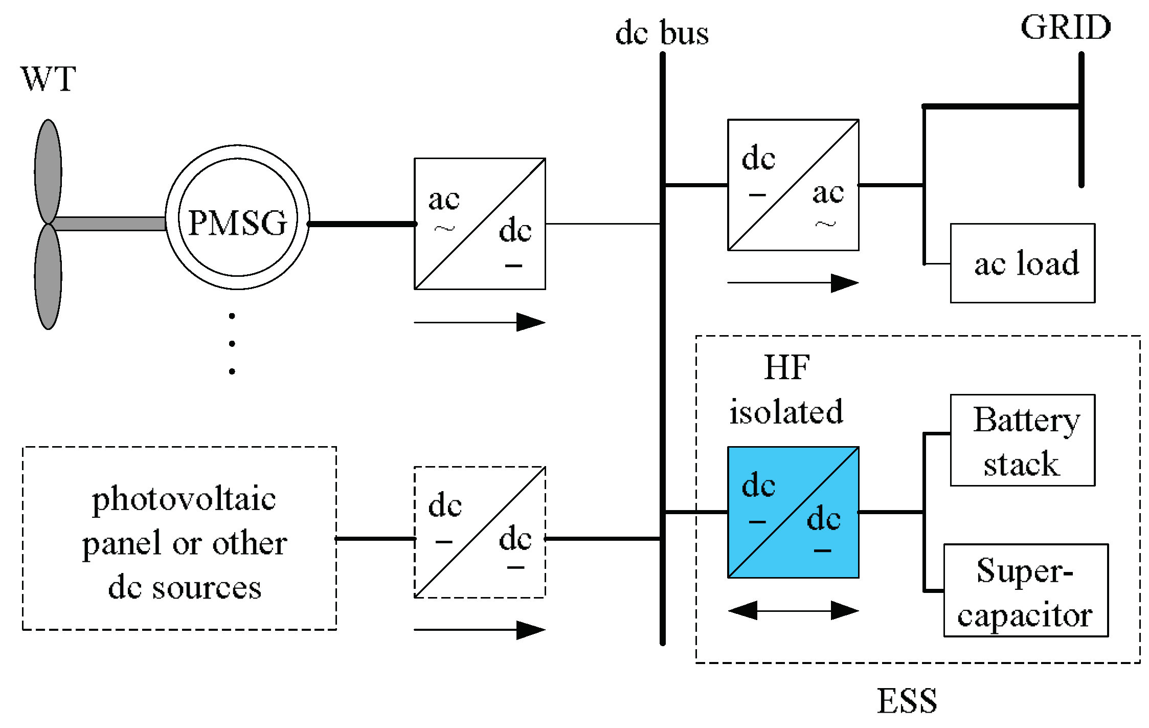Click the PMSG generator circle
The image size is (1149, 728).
coord(237,217)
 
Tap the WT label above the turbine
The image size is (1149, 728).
coord(49,79)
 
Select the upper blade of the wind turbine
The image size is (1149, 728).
coord(48,171)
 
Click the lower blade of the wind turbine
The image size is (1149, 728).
coord(48,276)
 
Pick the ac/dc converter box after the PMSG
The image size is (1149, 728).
coord(480,224)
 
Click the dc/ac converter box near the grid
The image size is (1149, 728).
coord(793,185)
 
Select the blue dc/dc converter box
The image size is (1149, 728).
coord(793,512)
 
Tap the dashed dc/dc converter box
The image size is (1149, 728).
coord(480,532)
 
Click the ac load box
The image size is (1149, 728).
coord(1023,263)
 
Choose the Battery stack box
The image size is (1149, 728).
coord(1023,440)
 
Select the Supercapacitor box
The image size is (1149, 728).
coord(1026,590)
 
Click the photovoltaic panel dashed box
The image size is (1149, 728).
coord(179,538)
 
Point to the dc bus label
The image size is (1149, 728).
coord(662,33)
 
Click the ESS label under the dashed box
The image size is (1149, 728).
coord(907,701)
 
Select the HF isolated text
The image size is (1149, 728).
coord(786,390)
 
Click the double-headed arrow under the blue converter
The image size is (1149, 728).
coord(793,610)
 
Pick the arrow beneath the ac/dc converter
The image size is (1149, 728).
coord(480,322)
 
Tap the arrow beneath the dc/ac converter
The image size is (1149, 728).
coord(793,282)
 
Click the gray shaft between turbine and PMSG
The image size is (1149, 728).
coord(110,224)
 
